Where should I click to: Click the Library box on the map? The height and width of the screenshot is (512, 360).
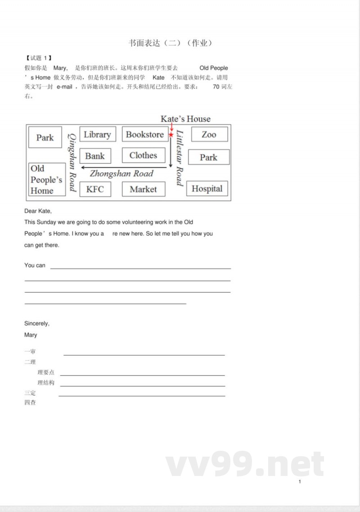(98, 134)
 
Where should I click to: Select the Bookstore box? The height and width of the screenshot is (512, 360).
(144, 134)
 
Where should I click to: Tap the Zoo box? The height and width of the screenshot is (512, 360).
(209, 134)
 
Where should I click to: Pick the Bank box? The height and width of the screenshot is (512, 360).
(95, 156)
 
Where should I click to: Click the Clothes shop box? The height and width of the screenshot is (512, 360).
(144, 155)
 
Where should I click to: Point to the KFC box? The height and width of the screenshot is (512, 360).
(95, 189)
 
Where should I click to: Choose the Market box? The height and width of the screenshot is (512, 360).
(144, 189)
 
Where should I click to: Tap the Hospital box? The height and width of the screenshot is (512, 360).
(207, 189)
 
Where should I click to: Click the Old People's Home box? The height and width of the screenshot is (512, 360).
(46, 180)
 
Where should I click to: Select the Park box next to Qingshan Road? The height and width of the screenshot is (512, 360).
(45, 137)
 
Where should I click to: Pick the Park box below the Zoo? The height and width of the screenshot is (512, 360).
(208, 157)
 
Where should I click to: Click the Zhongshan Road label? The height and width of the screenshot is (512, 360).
(121, 173)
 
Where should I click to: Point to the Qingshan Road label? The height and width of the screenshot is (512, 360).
(72, 163)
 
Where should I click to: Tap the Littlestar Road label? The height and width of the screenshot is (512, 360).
(180, 158)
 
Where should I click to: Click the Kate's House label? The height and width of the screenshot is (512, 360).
(185, 119)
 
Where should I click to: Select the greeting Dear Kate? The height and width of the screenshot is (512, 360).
(38, 211)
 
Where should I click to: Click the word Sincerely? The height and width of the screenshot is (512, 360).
(37, 323)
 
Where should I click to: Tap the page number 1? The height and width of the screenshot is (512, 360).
(300, 482)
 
